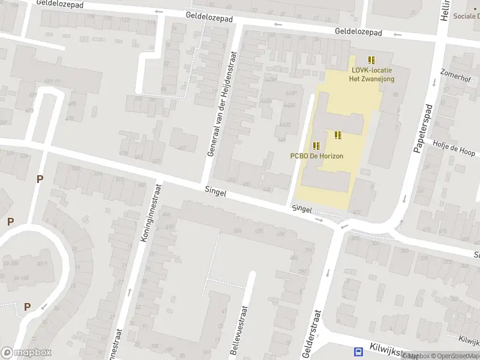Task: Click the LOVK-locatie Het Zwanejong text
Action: [373, 74]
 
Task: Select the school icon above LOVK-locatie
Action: [371, 59]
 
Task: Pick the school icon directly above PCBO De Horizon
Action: [316, 145]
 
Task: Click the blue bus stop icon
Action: [358, 352]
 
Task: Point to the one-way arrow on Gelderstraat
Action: [328, 273]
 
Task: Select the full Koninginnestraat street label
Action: [152, 212]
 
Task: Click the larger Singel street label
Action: [215, 193]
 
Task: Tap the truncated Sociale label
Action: [466, 16]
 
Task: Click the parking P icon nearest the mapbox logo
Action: [27, 307]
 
